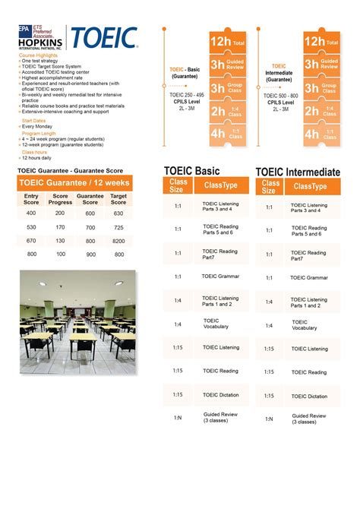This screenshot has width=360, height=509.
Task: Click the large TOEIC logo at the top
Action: tap(103, 38)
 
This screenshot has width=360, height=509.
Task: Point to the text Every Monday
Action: tap(37, 126)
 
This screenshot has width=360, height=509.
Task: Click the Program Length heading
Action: tap(39, 132)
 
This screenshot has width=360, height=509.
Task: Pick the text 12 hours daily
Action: tap(37, 157)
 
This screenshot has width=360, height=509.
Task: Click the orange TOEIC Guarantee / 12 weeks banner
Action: tap(74, 183)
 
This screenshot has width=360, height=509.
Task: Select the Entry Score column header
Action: tap(31, 199)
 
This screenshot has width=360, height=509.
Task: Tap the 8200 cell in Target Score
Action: tap(118, 241)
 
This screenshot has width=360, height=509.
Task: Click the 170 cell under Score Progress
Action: tap(60, 227)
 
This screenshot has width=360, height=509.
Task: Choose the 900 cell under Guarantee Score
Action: tap(90, 254)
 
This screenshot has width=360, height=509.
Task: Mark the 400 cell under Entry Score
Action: tap(31, 213)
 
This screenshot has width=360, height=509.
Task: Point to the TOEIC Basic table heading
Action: tap(192, 171)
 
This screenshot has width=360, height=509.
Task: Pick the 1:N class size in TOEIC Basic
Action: tap(177, 419)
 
